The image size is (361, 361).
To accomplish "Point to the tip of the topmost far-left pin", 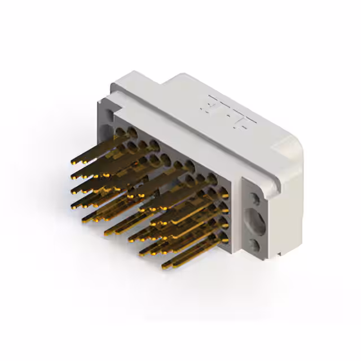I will [73, 162].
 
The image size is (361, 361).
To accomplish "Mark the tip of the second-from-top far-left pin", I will [73, 178].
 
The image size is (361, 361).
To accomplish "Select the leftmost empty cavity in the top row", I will [120, 133].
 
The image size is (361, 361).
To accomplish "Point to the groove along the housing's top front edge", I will [186, 135].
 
